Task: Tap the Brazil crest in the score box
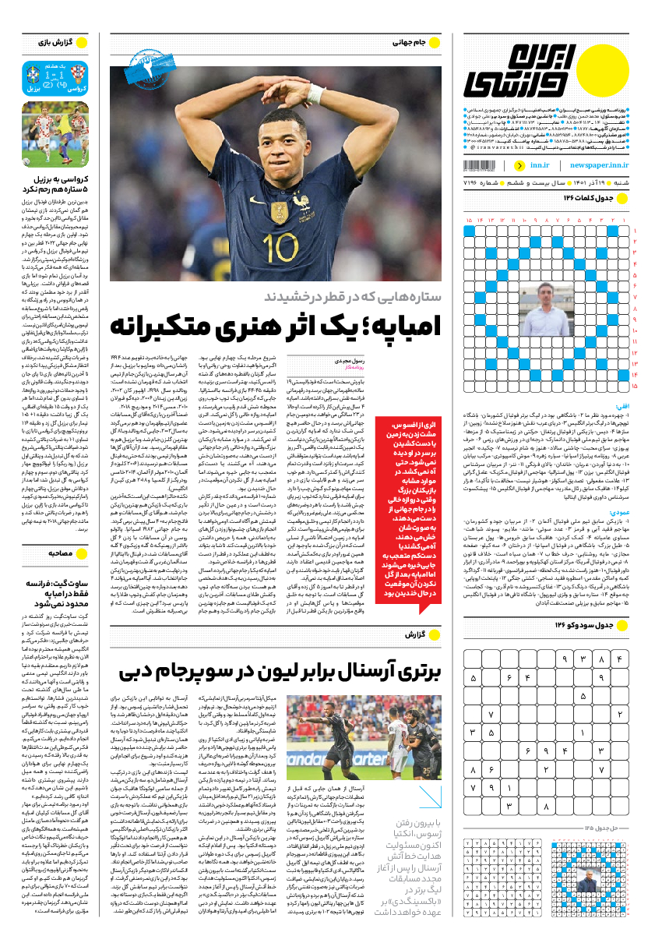[33, 74]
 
